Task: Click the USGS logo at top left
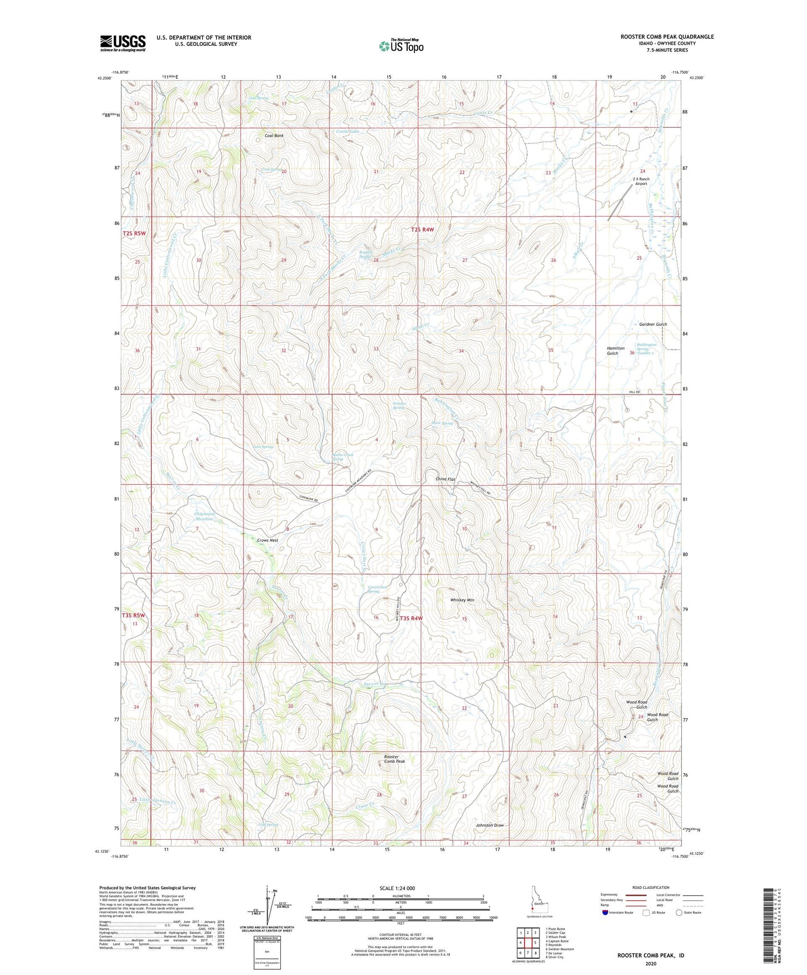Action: point(123,43)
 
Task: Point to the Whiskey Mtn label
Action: point(462,600)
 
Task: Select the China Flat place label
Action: point(445,480)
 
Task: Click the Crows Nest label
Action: point(268,541)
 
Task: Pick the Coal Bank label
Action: point(274,136)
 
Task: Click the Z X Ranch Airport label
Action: point(641,181)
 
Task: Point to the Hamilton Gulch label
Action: point(615,351)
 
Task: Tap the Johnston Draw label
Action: point(489,825)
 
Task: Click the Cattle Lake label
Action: point(347,131)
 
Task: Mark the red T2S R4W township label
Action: point(422,230)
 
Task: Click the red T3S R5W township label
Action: point(133,615)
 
